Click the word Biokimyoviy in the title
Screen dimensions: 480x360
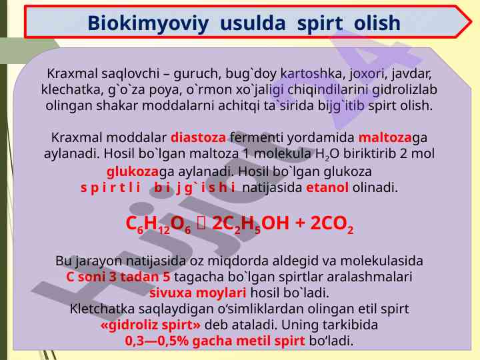(x=148, y=24)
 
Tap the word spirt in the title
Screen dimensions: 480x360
(x=320, y=24)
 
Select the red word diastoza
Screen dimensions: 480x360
(x=198, y=137)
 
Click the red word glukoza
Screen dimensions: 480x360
(x=132, y=172)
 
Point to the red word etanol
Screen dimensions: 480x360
(x=327, y=187)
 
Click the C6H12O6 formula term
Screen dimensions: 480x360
(x=158, y=224)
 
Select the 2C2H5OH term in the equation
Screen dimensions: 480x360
(x=251, y=224)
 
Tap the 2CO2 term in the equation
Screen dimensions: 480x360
(x=332, y=224)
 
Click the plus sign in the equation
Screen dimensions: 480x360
(x=299, y=223)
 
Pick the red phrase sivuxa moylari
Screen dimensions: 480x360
(x=198, y=293)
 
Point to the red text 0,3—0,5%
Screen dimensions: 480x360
(x=157, y=341)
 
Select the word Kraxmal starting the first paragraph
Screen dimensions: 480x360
(x=72, y=74)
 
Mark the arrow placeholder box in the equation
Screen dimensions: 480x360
(x=201, y=223)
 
